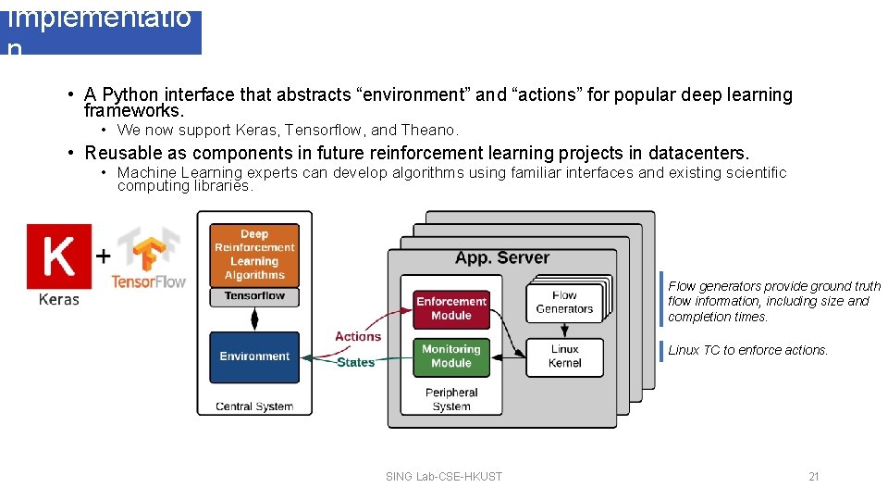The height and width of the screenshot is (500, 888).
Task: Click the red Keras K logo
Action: (x=59, y=255)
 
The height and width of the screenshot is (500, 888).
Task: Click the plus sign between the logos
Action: (x=104, y=255)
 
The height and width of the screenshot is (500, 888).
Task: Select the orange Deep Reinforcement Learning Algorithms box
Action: (x=254, y=255)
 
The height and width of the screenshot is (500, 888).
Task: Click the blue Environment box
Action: (x=254, y=356)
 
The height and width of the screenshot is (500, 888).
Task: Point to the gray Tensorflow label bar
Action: (x=254, y=296)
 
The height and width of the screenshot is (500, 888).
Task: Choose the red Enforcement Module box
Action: (x=450, y=308)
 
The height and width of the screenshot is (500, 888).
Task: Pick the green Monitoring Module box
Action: (x=450, y=356)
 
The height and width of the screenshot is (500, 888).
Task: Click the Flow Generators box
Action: (x=563, y=303)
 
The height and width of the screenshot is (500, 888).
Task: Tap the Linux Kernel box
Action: (x=564, y=356)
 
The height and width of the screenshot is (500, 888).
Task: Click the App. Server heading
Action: (x=502, y=258)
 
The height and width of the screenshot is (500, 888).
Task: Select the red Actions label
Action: (x=358, y=336)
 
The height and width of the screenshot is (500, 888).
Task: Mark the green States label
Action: (x=356, y=362)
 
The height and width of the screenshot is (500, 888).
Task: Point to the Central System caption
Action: (x=254, y=406)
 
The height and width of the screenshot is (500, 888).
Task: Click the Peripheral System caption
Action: (x=451, y=399)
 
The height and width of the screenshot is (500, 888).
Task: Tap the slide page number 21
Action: (x=814, y=477)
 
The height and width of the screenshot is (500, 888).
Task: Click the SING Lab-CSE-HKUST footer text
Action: (x=444, y=477)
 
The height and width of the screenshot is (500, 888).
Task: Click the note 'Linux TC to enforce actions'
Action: (x=748, y=350)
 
